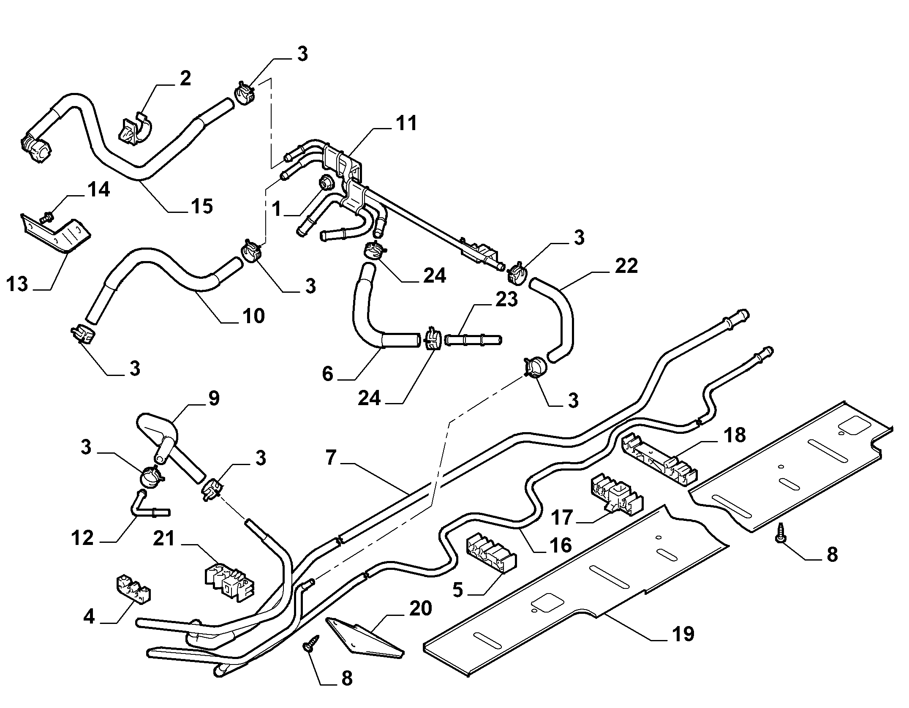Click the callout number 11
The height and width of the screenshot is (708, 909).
click(406, 123)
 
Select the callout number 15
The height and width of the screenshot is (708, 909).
click(201, 206)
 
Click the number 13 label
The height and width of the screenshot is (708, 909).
click(17, 284)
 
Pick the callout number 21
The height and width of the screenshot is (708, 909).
click(163, 539)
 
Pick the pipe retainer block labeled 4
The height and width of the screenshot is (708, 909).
click(134, 588)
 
